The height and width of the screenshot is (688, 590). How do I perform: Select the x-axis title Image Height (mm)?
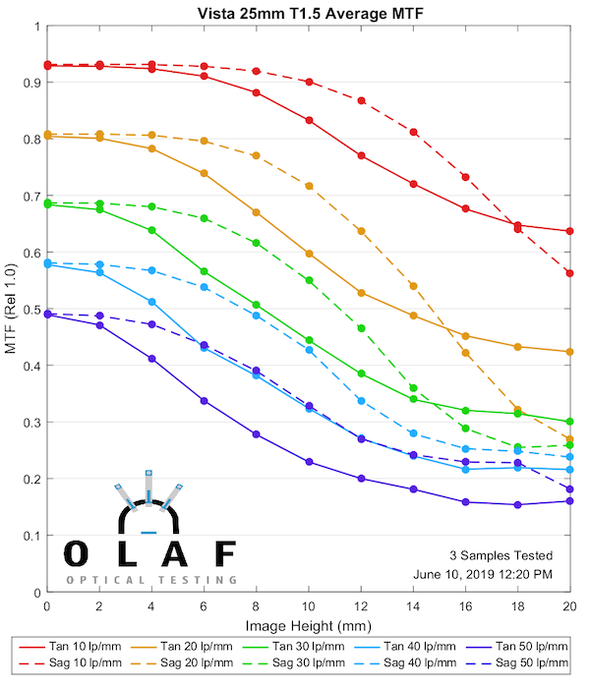point(308,624)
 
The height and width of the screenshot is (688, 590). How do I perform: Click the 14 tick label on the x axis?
point(413,608)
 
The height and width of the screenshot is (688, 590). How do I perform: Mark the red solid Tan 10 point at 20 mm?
point(570,231)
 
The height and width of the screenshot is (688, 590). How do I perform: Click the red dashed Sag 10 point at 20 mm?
point(570,273)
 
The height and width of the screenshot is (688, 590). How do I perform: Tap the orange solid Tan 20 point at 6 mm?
point(204,173)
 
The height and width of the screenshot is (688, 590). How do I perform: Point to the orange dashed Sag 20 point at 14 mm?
point(413,286)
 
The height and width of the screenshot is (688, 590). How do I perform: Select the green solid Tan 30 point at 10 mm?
point(309,340)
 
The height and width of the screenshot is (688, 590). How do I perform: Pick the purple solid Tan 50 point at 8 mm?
point(256,434)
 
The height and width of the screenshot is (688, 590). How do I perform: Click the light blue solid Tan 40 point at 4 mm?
point(151,302)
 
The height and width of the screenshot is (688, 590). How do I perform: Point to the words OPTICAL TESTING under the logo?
point(151,581)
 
